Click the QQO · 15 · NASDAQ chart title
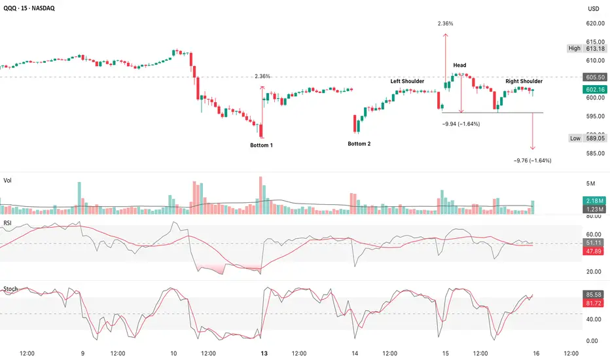(33, 8)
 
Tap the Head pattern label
(459, 65)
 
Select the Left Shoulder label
(407, 81)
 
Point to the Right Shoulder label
(524, 81)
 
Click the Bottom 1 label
(261, 145)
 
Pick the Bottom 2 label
(359, 143)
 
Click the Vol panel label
(7, 179)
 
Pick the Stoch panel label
(10, 288)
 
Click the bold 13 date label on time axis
(263, 352)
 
